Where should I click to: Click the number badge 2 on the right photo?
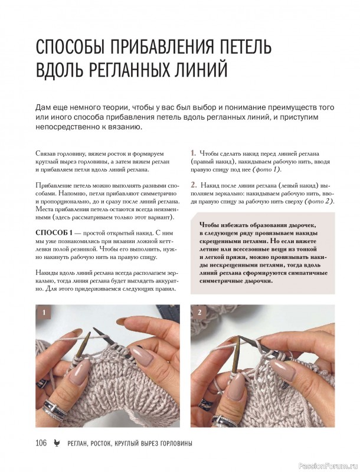(x=199, y=313)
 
